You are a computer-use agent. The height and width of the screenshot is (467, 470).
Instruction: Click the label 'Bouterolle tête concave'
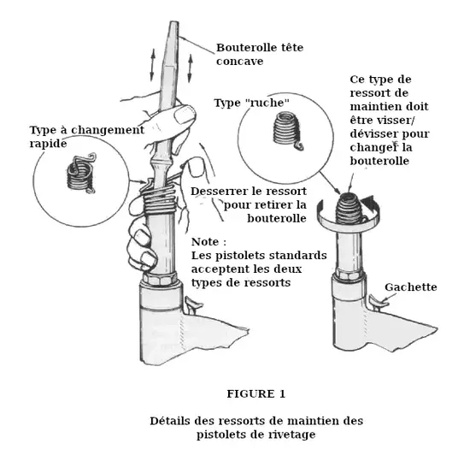point(260,54)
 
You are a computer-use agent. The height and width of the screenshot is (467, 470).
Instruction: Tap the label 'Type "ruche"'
point(252,103)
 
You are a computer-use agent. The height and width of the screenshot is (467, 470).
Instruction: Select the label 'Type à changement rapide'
point(87,137)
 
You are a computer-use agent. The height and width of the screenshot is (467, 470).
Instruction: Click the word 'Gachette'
point(411,287)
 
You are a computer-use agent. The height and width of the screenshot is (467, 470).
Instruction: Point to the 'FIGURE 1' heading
point(256,393)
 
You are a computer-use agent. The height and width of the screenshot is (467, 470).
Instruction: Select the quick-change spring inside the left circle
point(81,174)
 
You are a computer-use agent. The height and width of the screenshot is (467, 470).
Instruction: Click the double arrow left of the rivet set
point(153,65)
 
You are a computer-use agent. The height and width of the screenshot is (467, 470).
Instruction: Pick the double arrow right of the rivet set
point(190,68)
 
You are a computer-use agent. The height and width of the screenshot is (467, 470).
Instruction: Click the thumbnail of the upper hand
point(184,115)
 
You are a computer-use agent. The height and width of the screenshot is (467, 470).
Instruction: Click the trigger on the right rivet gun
point(379,301)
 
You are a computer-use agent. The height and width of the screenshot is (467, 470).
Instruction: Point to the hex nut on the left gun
point(159,279)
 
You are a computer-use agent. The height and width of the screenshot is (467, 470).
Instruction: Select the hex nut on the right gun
point(349,274)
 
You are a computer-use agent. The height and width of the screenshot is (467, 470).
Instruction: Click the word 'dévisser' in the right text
point(373,133)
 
